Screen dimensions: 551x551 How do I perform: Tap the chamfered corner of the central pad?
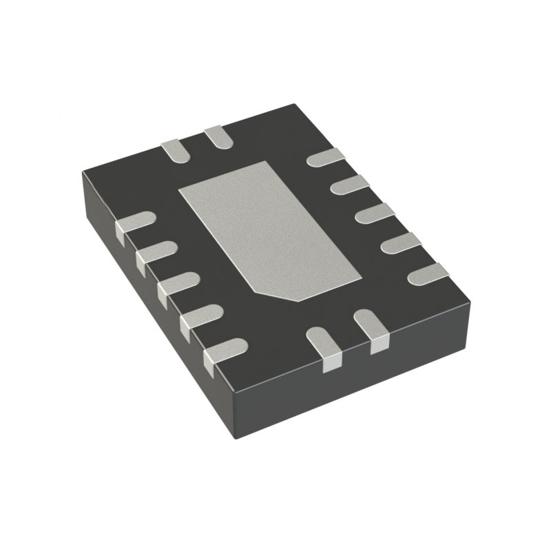click(x=298, y=298)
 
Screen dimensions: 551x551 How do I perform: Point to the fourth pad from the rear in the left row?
click(x=201, y=315)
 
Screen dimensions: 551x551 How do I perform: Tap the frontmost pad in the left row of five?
click(x=226, y=350)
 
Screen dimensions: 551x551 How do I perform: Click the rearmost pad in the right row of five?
click(x=325, y=158)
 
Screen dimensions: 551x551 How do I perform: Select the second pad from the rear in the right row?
click(x=350, y=185)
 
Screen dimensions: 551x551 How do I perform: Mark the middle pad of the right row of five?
click(x=375, y=214)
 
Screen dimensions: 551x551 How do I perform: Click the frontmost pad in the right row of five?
click(x=428, y=274)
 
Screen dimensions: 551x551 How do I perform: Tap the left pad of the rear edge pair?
click(x=173, y=150)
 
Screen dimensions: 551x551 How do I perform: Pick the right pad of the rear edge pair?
click(x=218, y=136)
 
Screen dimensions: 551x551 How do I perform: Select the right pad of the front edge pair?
click(x=372, y=329)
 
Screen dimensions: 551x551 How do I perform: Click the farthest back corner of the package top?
click(x=295, y=105)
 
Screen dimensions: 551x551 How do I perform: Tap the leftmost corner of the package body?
click(x=83, y=172)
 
